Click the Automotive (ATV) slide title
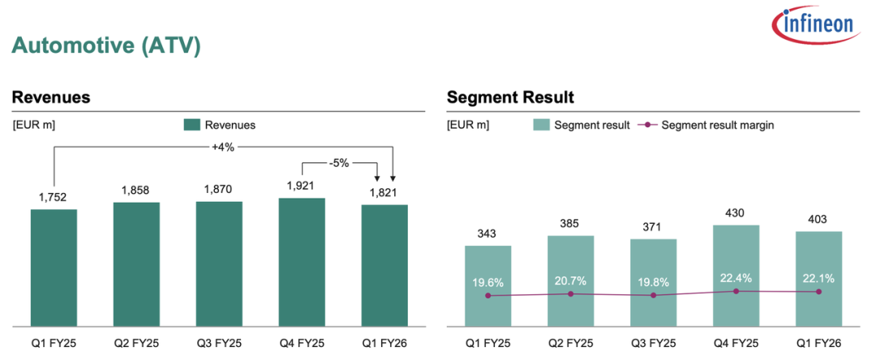tap(106, 45)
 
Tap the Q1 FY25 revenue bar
tap(54, 268)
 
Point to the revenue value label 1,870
tap(219, 190)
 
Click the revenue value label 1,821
tap(384, 193)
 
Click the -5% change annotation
tap(339, 163)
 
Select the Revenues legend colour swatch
tap(191, 125)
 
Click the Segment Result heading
tap(510, 98)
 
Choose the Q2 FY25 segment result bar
tap(570, 281)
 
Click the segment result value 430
tap(736, 213)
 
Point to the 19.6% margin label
tap(488, 282)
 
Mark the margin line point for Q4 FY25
tap(736, 290)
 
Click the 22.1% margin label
tap(819, 278)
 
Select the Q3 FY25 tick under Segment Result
tap(653, 343)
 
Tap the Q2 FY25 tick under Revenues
tap(136, 343)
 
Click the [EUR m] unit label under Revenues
tap(33, 125)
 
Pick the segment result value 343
tap(488, 234)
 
